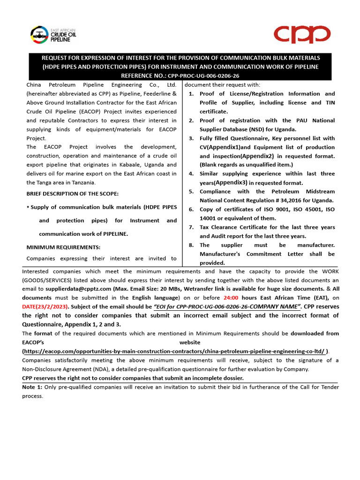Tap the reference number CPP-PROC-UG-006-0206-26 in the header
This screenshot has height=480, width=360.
click(204, 76)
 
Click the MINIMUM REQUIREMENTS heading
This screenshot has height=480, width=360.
click(63, 247)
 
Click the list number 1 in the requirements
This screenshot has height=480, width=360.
click(191, 94)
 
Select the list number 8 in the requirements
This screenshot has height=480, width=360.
click(191, 245)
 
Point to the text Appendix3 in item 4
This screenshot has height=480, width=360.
click(231, 183)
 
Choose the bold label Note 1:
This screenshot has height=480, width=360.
click(33, 387)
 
